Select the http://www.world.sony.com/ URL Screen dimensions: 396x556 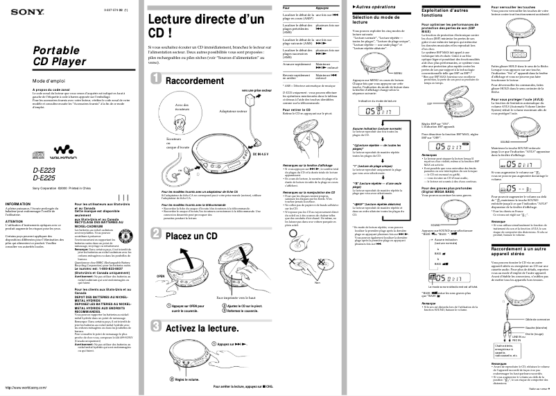click(22, 388)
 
